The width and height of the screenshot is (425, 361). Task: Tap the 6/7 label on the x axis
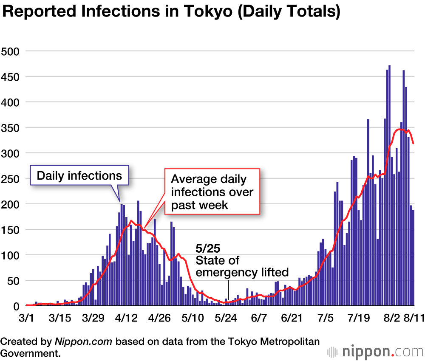259,318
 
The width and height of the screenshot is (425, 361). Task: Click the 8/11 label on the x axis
412,318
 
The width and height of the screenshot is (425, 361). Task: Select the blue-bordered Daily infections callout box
79,175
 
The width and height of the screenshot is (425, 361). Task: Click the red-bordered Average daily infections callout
212,192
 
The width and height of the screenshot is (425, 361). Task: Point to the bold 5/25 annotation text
208,248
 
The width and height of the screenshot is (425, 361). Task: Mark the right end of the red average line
414,143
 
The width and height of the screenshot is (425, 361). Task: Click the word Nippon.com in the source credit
84,341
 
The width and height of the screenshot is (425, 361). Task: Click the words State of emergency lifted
241,266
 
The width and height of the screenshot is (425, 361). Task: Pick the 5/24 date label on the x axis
226,318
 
